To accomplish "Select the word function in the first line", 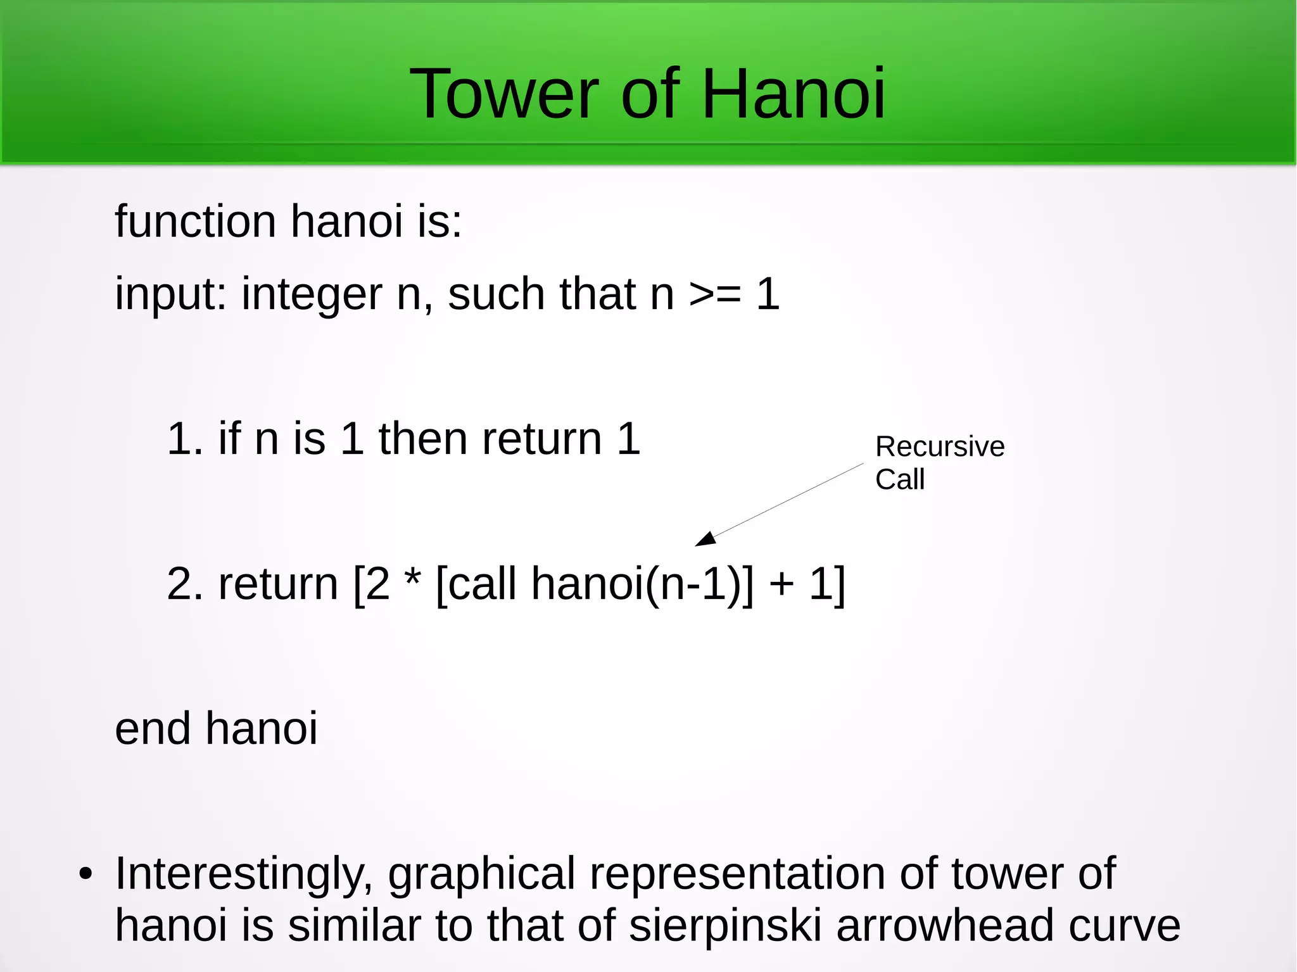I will click(x=195, y=222).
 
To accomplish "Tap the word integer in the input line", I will click(x=312, y=295).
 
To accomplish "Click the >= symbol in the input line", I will click(x=715, y=295).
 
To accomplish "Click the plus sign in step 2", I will click(x=781, y=584).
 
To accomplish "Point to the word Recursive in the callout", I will click(x=940, y=447).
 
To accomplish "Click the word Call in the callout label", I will click(x=899, y=480).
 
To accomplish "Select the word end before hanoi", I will click(x=152, y=729).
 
